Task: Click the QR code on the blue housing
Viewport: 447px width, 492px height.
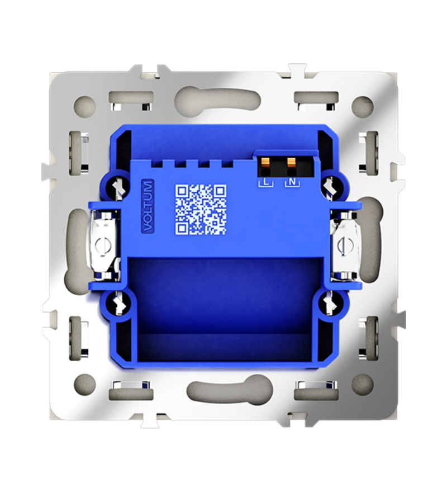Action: click(x=201, y=209)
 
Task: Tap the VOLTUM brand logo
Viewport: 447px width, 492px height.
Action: click(x=147, y=206)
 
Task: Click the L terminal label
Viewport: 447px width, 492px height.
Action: click(x=265, y=182)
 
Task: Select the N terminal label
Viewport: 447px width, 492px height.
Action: click(x=292, y=182)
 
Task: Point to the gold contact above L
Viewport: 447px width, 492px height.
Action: click(x=265, y=162)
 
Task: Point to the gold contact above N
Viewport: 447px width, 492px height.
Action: click(x=292, y=162)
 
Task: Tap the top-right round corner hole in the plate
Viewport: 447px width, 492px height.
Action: click(x=364, y=103)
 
